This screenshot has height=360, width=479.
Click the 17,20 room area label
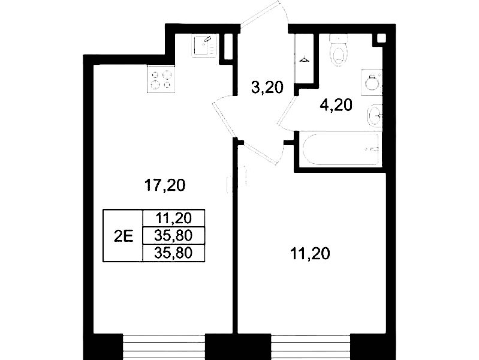coord(165,185)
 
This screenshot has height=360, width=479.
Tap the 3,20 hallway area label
coord(267,88)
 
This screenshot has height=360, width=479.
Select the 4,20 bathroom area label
coord(336,105)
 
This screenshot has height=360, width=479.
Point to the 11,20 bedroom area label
coord(310,254)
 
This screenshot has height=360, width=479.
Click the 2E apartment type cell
coord(123,236)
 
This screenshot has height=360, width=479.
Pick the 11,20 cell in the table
coord(173,218)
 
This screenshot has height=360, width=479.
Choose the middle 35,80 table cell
coord(173,236)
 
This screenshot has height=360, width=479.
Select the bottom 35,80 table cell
coord(173,253)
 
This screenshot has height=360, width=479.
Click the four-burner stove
coord(161,79)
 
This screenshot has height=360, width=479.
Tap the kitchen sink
coord(204,45)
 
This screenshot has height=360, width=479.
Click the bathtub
coord(341,149)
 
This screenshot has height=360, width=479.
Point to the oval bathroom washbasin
coord(375,116)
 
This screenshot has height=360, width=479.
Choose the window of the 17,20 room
coord(164,347)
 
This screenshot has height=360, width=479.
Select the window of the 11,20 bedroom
coord(311,347)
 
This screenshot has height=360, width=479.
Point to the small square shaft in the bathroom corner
coord(381,38)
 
